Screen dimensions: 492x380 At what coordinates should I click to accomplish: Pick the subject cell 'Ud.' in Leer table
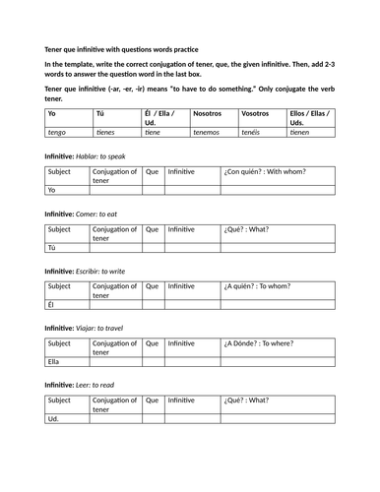click(54, 419)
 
